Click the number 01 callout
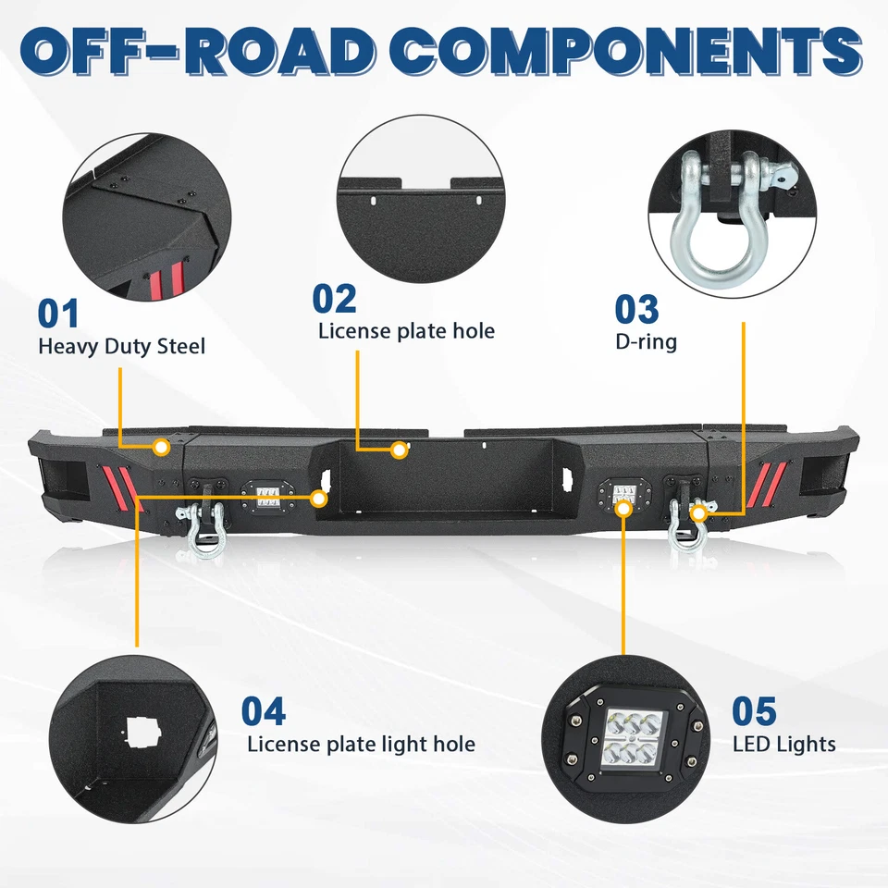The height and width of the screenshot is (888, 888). [x=58, y=313]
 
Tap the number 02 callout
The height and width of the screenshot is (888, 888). [x=334, y=299]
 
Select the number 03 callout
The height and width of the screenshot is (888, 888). [x=636, y=310]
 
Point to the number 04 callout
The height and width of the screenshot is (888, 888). [x=264, y=711]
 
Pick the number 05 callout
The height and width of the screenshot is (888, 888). [x=754, y=711]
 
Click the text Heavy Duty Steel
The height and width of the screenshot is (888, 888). [x=121, y=347]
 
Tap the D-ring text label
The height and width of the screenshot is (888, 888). [x=646, y=341]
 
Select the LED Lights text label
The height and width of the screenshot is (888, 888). [x=783, y=744]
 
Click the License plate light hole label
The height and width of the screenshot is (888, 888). [x=361, y=744]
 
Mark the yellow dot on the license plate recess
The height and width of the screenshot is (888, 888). [x=400, y=450]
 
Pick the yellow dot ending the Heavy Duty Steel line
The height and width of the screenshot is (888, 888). [x=161, y=448]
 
